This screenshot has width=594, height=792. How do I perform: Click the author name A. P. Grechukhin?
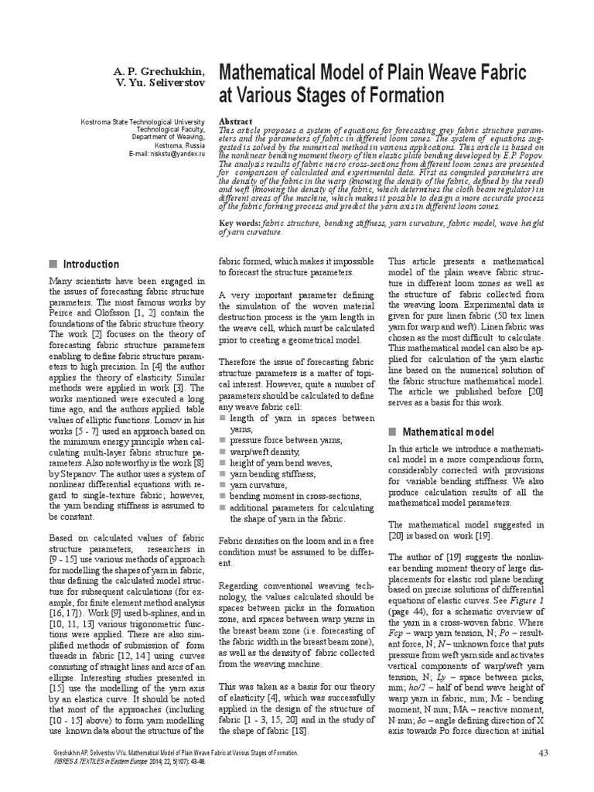pyautogui.click(x=159, y=72)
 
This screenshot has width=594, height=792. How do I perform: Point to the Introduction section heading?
pyautogui.click(x=91, y=264)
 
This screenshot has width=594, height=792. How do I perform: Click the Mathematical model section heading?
pyautogui.click(x=442, y=431)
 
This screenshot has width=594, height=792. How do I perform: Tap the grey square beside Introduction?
pyautogui.click(x=53, y=264)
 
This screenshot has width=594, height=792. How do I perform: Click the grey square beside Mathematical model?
pyautogui.click(x=392, y=431)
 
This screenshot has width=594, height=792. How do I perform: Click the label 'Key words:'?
pyautogui.click(x=241, y=223)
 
